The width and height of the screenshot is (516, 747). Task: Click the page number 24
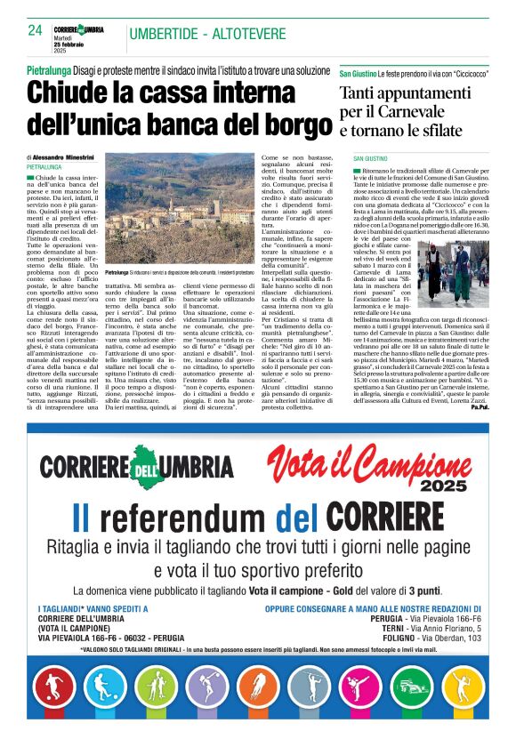click(x=35, y=30)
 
